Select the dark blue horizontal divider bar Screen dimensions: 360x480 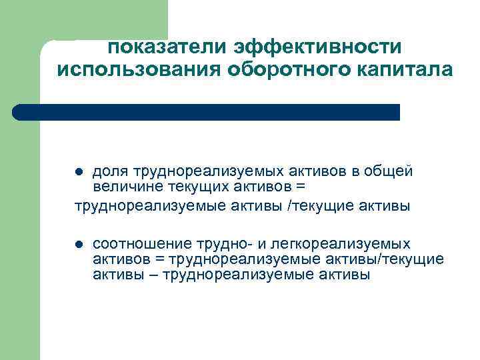coord(207,112)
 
